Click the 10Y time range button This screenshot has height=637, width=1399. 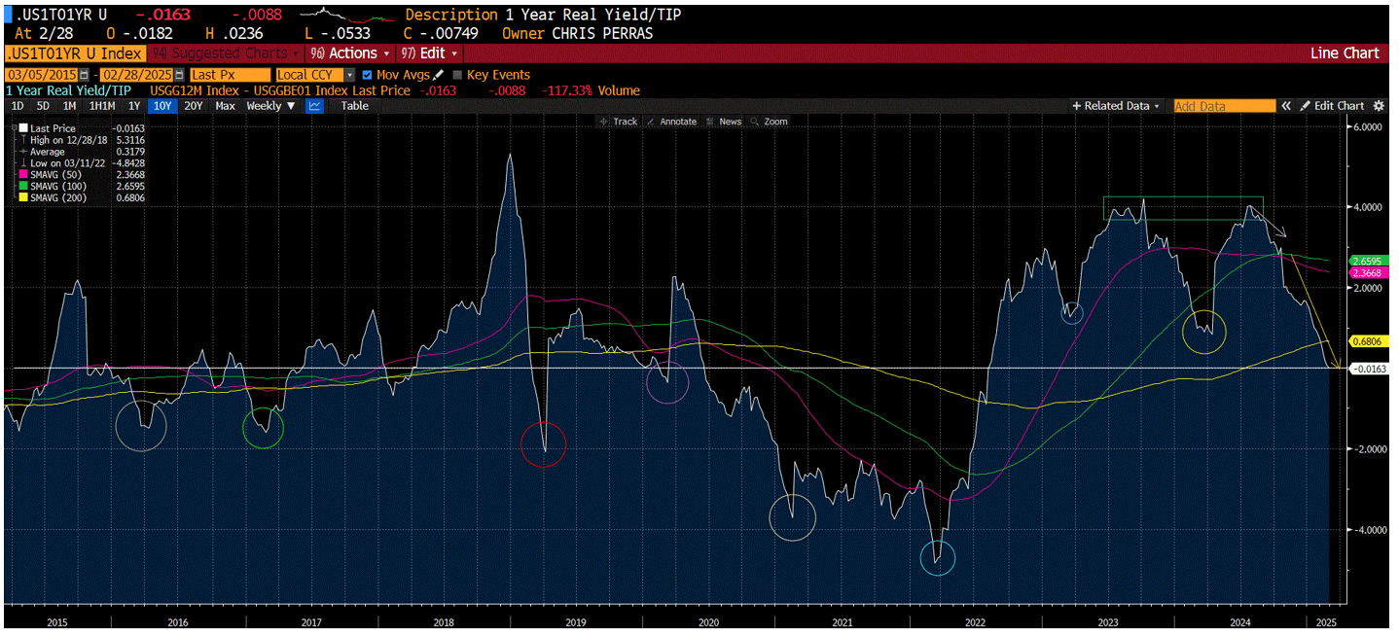[x=161, y=106]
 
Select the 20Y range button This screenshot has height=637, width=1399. [x=194, y=106]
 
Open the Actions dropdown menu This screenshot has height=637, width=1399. [x=350, y=53]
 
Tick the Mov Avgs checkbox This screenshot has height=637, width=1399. [x=367, y=75]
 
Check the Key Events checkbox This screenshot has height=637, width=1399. [x=457, y=75]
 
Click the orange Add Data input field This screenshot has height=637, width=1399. [x=1224, y=106]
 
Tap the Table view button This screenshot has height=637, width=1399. [x=354, y=106]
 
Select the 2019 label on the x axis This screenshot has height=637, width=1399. [x=575, y=621]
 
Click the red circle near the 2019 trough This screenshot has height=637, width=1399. [x=544, y=444]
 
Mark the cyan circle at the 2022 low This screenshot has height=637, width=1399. [x=938, y=558]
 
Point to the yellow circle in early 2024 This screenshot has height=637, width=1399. [x=1204, y=332]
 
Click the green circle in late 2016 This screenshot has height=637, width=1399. [x=263, y=428]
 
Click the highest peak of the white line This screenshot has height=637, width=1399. [x=510, y=156]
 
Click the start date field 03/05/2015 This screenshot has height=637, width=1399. [x=42, y=75]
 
